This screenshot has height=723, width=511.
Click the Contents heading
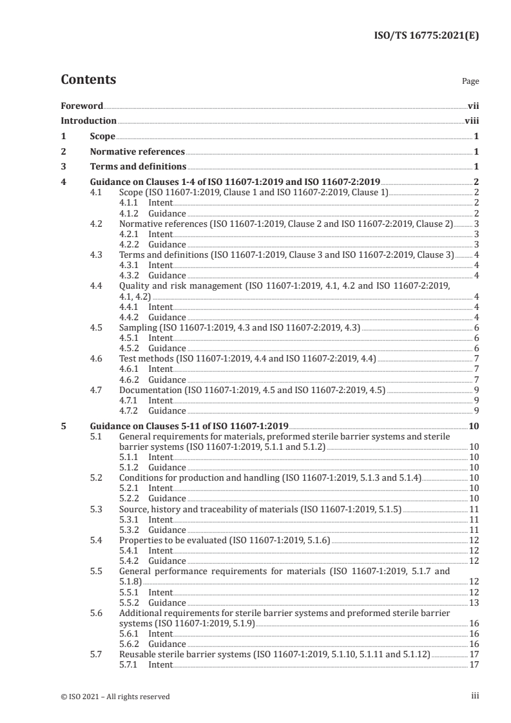click(x=88, y=81)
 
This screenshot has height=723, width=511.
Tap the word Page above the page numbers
click(x=470, y=82)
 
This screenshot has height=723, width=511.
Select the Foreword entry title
click(x=82, y=105)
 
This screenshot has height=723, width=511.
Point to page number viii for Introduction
click(x=471, y=120)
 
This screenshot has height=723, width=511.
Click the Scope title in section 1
click(x=102, y=137)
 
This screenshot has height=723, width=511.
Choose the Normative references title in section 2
click(x=137, y=152)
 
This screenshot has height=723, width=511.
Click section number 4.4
click(x=96, y=285)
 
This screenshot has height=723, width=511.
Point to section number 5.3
click(x=96, y=509)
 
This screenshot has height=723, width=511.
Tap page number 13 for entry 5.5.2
click(x=473, y=603)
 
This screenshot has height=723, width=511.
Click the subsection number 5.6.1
click(x=130, y=634)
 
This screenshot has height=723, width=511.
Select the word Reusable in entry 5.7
click(x=138, y=654)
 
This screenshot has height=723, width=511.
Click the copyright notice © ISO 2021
click(x=115, y=696)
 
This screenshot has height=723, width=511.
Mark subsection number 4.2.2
click(x=130, y=245)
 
